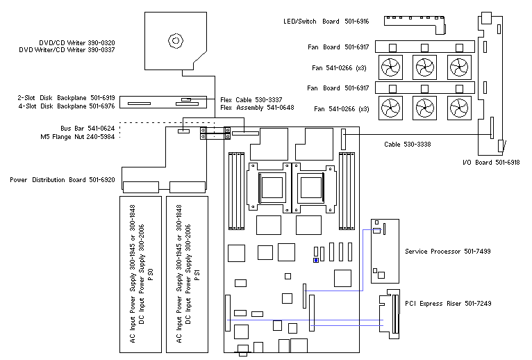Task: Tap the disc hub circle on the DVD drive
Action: (177, 41)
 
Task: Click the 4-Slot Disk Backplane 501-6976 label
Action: (66, 106)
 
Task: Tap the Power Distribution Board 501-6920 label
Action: (63, 180)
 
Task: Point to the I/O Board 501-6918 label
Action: (491, 162)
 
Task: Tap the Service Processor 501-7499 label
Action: (448, 251)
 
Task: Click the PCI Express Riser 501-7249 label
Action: (448, 304)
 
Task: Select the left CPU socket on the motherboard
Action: (270, 187)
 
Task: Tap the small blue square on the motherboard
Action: (316, 261)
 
